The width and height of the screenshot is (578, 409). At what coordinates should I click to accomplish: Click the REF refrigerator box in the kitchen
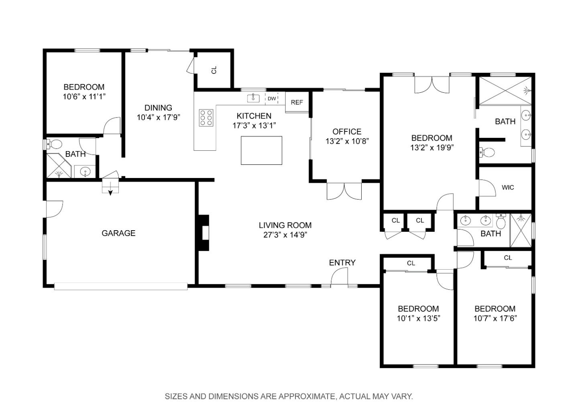(x=297, y=102)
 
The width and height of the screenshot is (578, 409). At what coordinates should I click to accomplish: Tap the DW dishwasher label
(x=272, y=99)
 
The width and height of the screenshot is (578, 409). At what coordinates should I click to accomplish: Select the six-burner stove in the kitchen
(x=206, y=118)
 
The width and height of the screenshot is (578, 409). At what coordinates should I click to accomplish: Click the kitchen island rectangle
(x=261, y=150)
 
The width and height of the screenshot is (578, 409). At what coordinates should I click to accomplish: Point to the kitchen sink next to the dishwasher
(x=253, y=98)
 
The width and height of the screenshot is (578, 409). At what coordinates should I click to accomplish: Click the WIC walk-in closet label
(x=508, y=188)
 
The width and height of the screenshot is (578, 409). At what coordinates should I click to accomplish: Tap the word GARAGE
(x=118, y=233)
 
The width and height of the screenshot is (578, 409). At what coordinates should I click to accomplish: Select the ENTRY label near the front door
(x=342, y=263)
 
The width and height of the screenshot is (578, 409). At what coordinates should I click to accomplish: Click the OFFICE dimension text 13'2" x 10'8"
(x=347, y=141)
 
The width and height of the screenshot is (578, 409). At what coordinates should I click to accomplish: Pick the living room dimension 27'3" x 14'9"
(x=285, y=235)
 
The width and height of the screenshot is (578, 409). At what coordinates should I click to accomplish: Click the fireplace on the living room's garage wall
(x=204, y=233)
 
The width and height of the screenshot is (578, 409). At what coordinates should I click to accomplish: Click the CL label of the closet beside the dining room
(x=214, y=70)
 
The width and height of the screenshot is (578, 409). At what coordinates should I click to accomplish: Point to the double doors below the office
(x=344, y=192)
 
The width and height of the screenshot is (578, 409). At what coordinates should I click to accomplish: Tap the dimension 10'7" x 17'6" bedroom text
(x=495, y=319)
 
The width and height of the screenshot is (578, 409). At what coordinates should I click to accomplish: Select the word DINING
(x=158, y=108)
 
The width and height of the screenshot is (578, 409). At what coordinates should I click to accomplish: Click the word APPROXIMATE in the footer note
(x=306, y=397)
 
